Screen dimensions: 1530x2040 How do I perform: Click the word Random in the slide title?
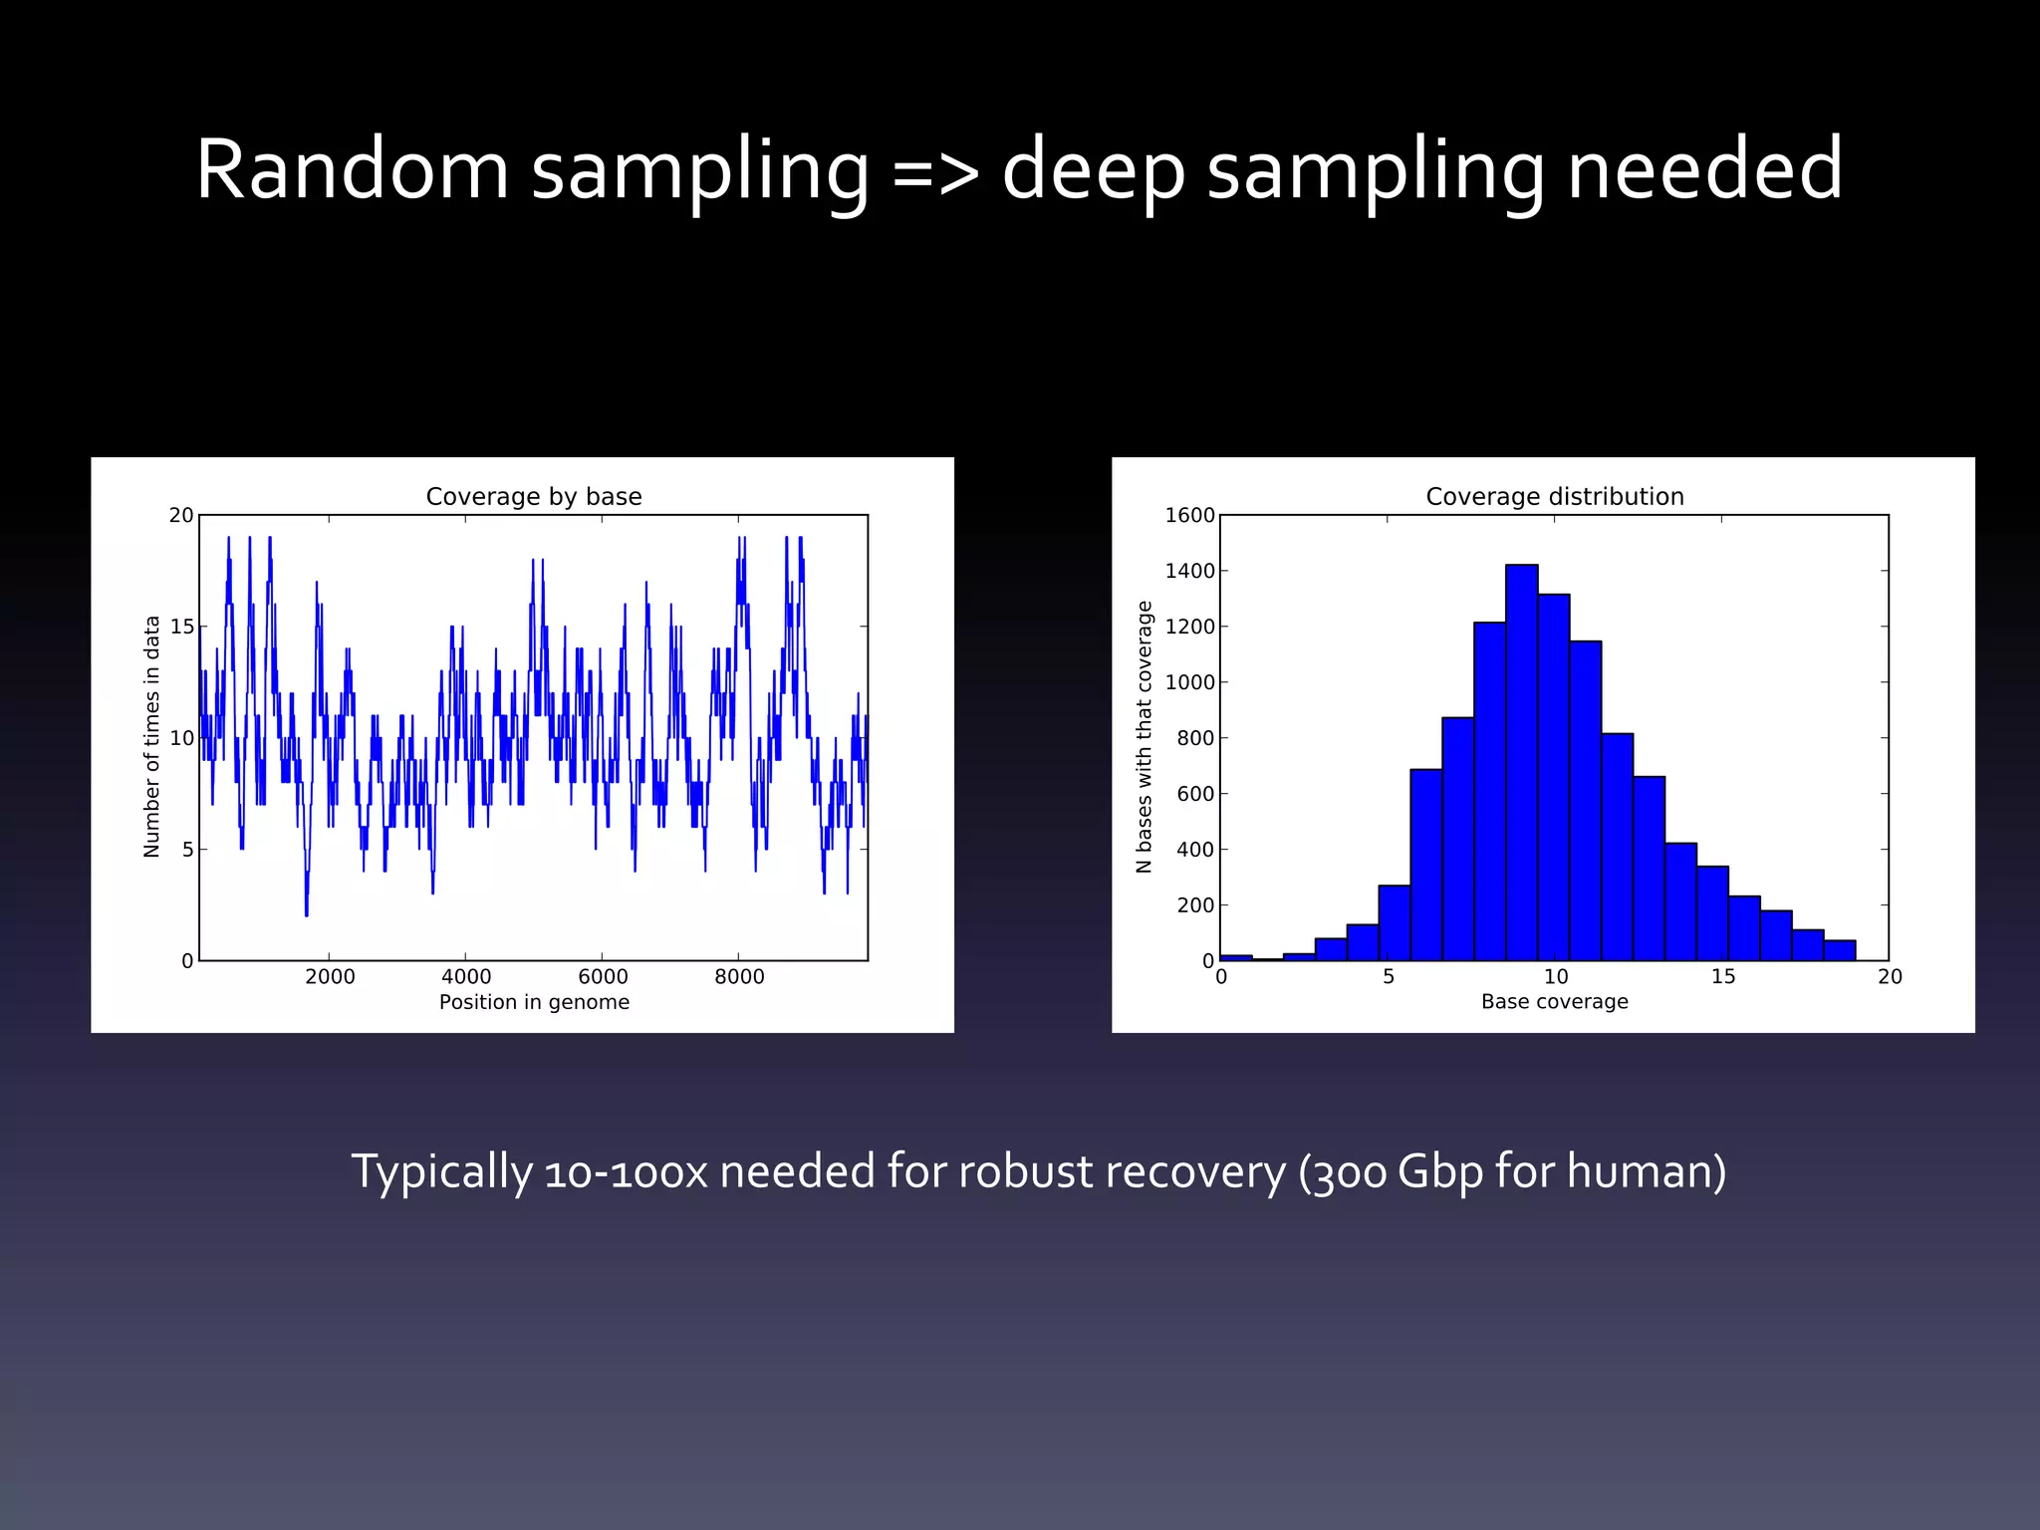[352, 169]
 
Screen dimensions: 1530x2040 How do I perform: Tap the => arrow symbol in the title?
[935, 171]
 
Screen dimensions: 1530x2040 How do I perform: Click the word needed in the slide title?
[1704, 169]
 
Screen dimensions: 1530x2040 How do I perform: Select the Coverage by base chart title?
[534, 496]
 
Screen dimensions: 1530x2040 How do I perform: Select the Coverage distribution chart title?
[1554, 496]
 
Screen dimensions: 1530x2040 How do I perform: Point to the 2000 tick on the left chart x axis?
[330, 976]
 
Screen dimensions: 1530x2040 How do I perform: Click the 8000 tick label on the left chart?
[739, 976]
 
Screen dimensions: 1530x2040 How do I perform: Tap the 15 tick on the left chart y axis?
[181, 627]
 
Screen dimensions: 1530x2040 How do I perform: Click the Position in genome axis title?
[534, 1002]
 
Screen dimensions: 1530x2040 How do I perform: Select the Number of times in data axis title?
[151, 736]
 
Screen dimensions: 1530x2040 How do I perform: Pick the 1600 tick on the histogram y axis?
[1189, 515]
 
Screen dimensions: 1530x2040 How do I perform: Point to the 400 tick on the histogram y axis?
[1194, 850]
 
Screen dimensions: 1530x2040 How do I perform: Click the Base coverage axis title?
[1554, 1002]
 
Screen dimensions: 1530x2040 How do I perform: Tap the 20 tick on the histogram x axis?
[1890, 976]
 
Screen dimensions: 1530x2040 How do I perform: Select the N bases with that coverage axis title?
[1144, 736]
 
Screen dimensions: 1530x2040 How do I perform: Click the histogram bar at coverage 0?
[1236, 957]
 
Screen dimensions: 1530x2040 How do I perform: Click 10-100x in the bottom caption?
[626, 1171]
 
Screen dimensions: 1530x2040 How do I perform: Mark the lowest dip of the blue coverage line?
[307, 912]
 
